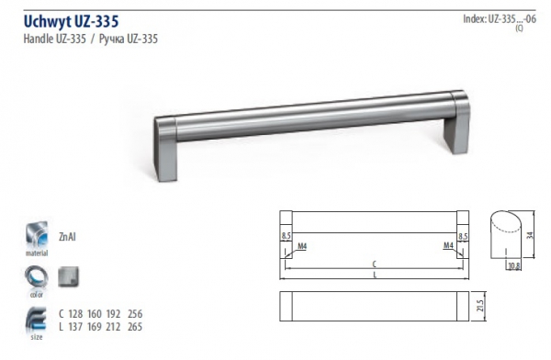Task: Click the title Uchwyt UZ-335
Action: point(71,21)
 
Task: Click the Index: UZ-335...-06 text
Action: point(500,19)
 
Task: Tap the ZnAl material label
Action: point(67,237)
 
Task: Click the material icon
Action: point(37,235)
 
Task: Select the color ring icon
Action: point(37,277)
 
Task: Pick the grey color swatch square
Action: point(69,276)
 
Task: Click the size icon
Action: point(36,320)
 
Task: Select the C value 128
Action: point(75,313)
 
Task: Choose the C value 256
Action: point(135,313)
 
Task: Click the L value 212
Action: point(113,327)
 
